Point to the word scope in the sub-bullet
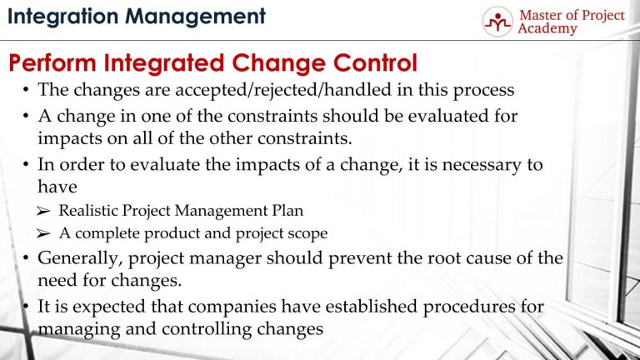point(302,233)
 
